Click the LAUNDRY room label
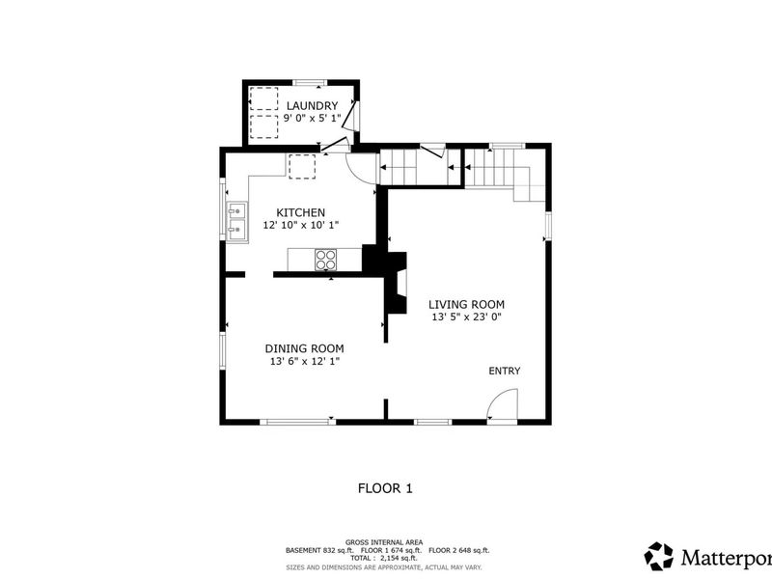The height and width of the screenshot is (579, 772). [312, 106]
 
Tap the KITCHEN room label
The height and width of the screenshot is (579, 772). [300, 212]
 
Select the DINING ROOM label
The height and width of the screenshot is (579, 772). [304, 348]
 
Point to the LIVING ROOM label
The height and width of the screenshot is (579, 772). [466, 304]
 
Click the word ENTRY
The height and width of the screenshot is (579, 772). [504, 371]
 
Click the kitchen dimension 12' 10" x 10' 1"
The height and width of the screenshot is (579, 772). [301, 226]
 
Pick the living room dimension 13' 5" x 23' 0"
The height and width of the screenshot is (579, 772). [466, 317]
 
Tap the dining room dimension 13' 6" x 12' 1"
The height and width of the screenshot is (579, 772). [305, 361]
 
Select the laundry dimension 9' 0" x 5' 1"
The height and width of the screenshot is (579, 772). [312, 119]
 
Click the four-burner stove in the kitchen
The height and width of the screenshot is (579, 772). [325, 260]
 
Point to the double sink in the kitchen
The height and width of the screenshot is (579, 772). [236, 222]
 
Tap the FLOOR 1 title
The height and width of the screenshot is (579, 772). [385, 488]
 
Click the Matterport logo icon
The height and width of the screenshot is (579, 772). [659, 557]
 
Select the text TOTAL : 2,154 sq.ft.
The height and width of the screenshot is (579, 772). [383, 559]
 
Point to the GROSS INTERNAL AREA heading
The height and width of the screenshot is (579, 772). [384, 542]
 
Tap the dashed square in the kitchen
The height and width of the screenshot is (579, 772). [302, 166]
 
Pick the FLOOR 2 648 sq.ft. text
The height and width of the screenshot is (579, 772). [459, 550]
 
